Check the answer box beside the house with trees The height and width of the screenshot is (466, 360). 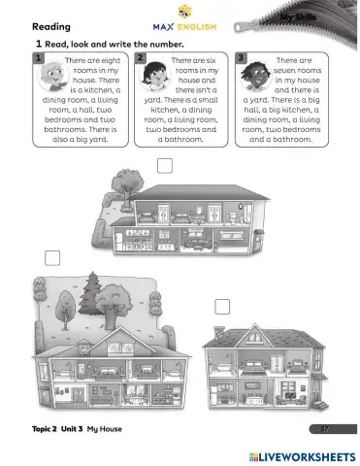click(51, 258)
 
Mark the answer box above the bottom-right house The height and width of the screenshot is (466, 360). click(222, 307)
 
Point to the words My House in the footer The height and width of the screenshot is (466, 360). click(105, 429)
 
